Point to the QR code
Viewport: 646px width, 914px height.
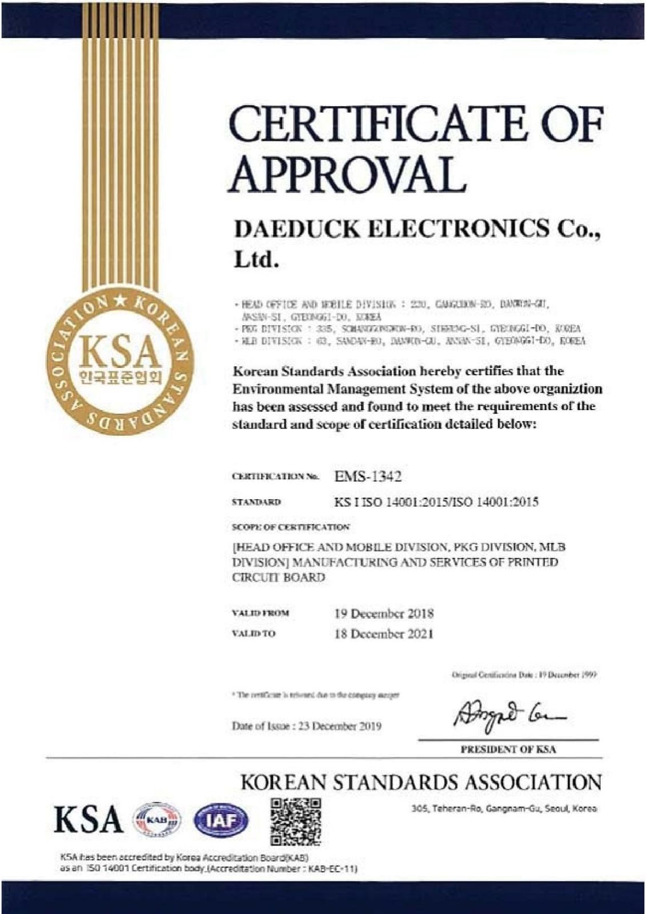click(295, 821)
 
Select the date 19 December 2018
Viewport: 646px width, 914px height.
click(384, 614)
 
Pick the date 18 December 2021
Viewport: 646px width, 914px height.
click(384, 634)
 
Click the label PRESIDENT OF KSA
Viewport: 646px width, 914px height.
click(508, 749)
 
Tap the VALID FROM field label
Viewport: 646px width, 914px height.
click(260, 614)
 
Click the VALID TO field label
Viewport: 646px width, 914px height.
click(254, 634)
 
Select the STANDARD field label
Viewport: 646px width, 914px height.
click(256, 502)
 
